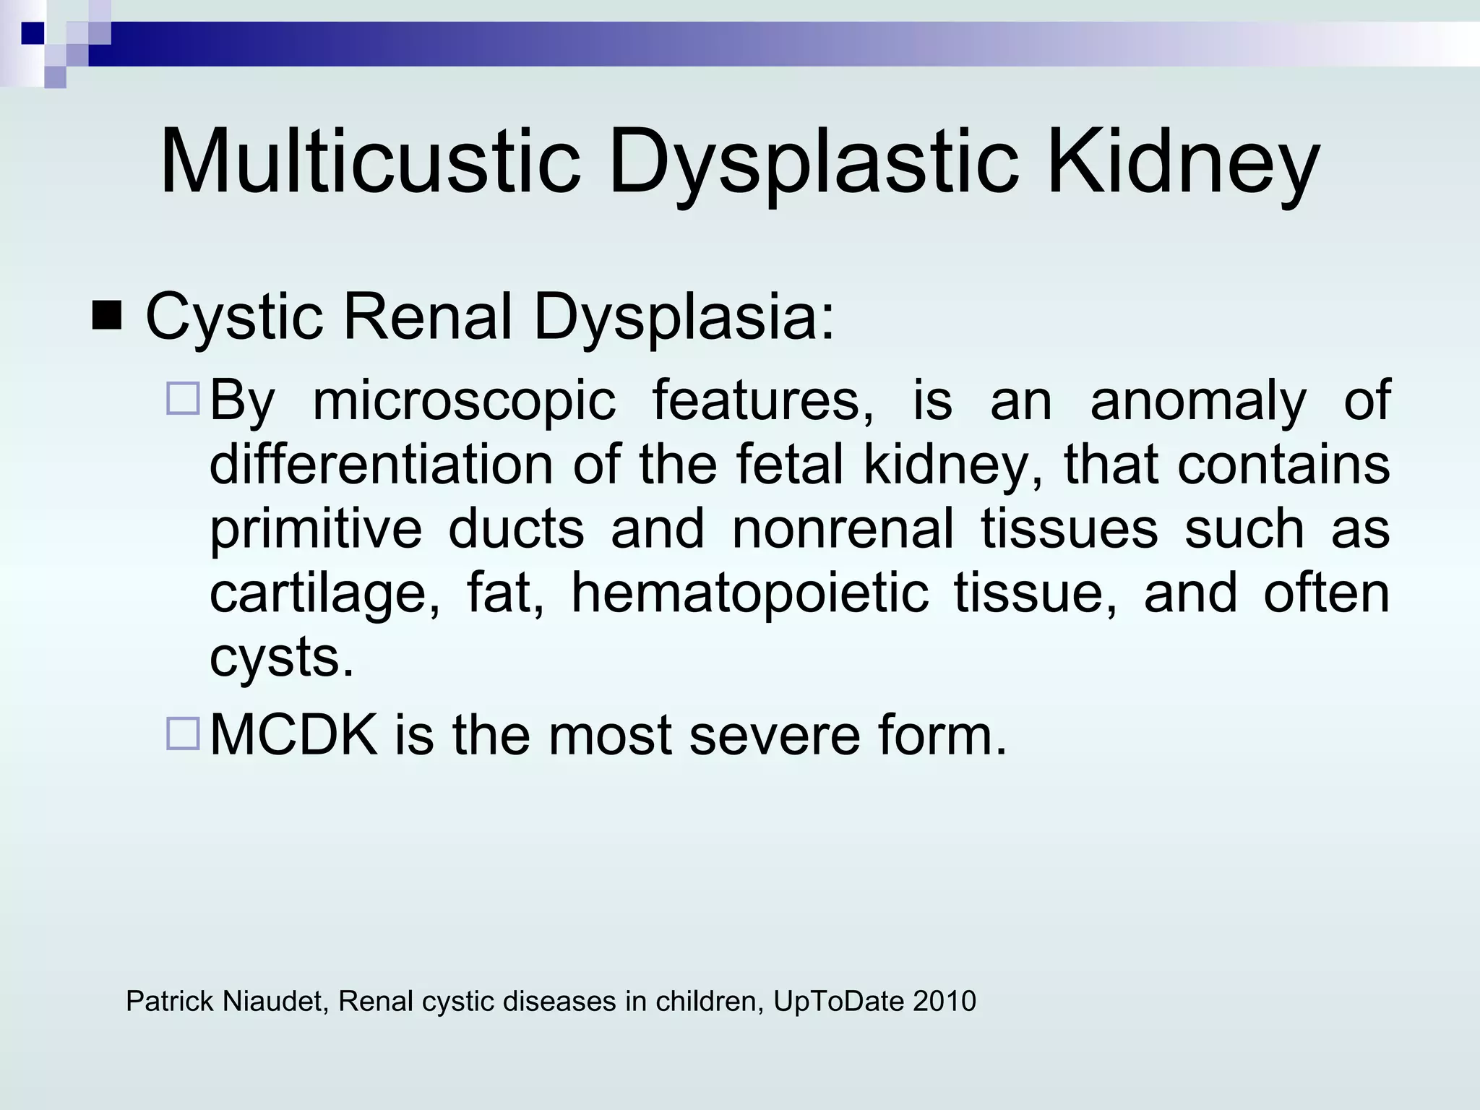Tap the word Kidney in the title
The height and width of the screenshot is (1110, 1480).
[x=1182, y=162]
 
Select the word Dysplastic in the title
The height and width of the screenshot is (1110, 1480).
[x=814, y=162]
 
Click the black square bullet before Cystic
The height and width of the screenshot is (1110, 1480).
[x=107, y=316]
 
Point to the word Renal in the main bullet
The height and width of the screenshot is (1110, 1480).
[x=427, y=316]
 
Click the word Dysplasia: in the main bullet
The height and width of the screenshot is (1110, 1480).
[x=684, y=316]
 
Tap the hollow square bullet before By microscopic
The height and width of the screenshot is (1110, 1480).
[x=183, y=400]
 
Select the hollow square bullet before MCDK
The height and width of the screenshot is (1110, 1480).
[x=183, y=733]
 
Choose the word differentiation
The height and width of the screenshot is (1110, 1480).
[x=382, y=464]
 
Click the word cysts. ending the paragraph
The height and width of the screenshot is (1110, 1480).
[x=282, y=656]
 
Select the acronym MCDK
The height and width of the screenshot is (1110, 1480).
[x=293, y=735]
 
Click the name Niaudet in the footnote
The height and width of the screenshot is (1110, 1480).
[x=274, y=1001]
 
